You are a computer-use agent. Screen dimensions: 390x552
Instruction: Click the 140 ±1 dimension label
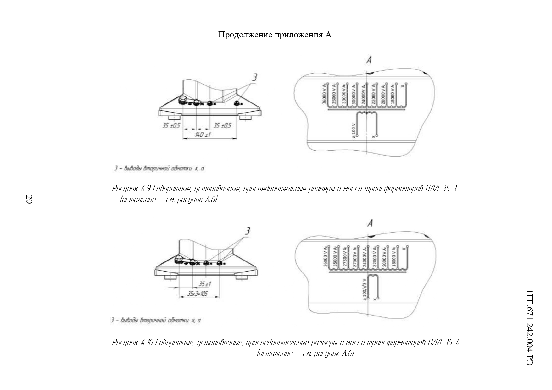pyautogui.click(x=203, y=135)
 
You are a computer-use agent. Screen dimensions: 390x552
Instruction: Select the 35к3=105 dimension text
pyautogui.click(x=199, y=294)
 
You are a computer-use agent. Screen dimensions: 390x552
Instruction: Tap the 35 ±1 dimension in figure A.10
pyautogui.click(x=205, y=284)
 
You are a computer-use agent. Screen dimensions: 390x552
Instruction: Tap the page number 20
pyautogui.click(x=29, y=199)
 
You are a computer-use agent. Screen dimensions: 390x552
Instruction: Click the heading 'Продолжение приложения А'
pyautogui.click(x=275, y=35)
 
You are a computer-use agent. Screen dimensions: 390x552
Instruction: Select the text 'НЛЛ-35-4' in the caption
pyautogui.click(x=443, y=343)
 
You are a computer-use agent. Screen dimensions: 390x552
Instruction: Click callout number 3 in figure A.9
pyautogui.click(x=255, y=77)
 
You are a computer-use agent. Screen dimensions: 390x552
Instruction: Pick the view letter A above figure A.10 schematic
pyautogui.click(x=370, y=223)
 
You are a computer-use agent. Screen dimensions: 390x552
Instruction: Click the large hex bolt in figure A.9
pyautogui.click(x=182, y=100)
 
